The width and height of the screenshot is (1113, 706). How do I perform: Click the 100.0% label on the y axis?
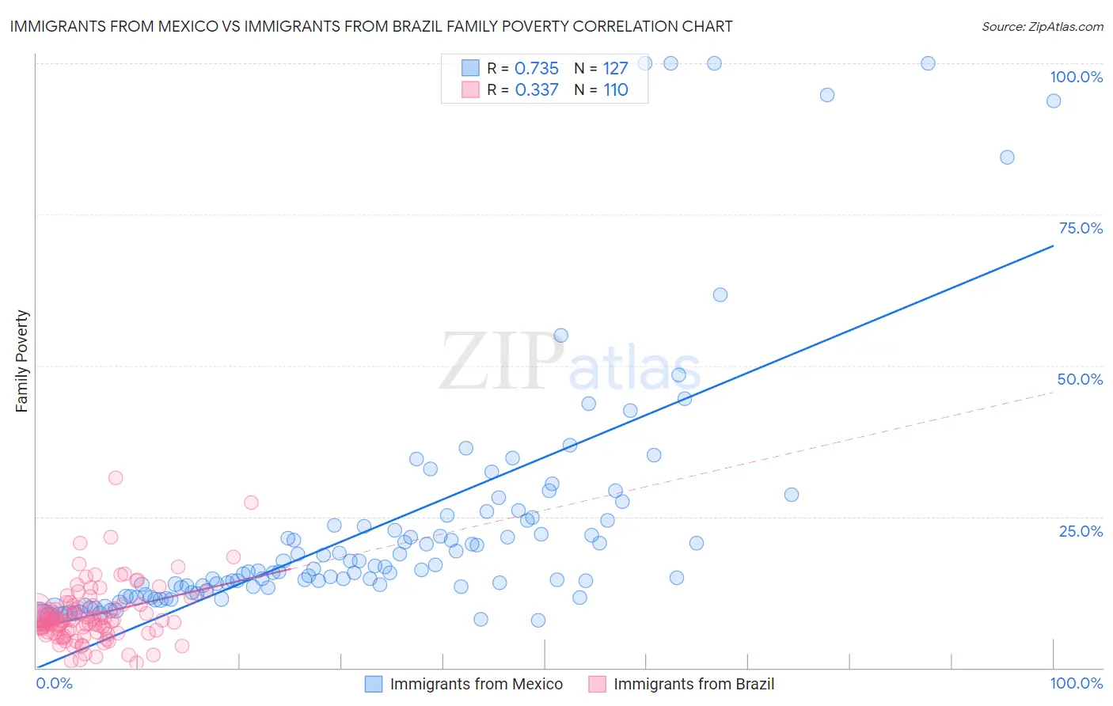(1076, 77)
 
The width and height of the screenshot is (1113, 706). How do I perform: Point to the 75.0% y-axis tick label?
(1081, 228)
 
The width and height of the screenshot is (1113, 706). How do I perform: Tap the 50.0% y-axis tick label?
(1080, 379)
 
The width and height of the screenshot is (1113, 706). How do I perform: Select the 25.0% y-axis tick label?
(1081, 530)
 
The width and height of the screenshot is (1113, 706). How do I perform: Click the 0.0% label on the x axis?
(54, 683)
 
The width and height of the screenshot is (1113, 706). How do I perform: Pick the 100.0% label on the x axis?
(1076, 683)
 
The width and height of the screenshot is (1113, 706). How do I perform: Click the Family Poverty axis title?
(22, 361)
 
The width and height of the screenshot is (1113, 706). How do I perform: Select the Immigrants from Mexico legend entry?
(476, 684)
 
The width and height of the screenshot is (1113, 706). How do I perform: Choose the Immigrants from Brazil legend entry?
(693, 684)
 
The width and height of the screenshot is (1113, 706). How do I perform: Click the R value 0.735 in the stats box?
(536, 69)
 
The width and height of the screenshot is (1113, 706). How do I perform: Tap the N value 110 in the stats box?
(615, 90)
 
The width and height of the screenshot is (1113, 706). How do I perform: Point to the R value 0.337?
(536, 90)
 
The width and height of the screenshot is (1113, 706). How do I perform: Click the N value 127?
(615, 69)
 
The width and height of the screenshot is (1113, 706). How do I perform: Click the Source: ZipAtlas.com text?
(1042, 27)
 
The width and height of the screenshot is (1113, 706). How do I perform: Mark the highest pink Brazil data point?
(116, 477)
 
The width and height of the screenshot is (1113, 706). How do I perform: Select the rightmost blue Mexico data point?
(1054, 101)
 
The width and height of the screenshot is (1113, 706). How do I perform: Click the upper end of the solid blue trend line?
(1053, 246)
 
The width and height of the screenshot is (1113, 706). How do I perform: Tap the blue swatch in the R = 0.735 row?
(470, 68)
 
